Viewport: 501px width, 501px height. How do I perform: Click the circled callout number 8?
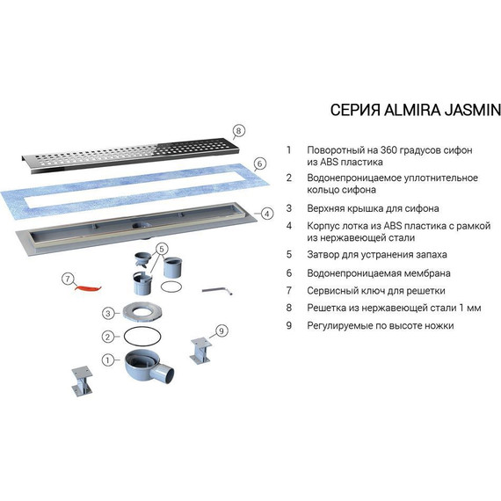(238, 131)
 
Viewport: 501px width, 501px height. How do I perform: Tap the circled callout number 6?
(260, 163)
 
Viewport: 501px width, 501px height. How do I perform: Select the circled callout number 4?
(267, 214)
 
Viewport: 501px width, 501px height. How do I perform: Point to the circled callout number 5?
(162, 249)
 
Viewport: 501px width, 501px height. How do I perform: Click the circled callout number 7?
(68, 279)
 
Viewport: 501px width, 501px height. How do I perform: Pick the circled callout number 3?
(108, 314)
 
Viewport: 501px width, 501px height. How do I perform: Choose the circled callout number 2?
(108, 337)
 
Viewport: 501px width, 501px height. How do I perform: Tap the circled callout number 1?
(108, 360)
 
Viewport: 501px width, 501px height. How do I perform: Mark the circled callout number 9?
(221, 330)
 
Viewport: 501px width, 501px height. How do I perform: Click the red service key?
(88, 288)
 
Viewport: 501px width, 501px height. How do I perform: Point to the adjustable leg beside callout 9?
(201, 351)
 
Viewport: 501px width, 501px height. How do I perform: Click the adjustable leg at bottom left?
(82, 381)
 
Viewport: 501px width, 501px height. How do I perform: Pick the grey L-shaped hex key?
(217, 290)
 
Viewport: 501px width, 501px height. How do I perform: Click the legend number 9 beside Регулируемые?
(289, 325)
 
